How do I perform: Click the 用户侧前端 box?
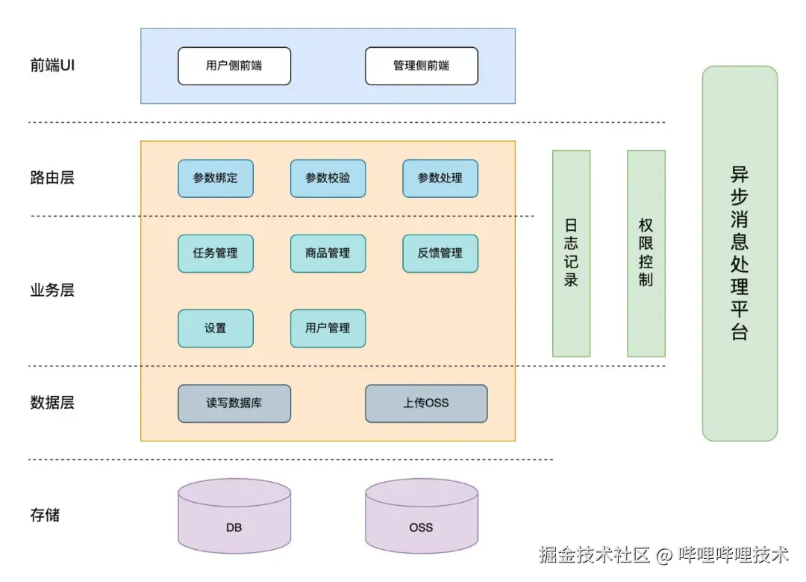click(x=234, y=66)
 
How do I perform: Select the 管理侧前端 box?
click(x=422, y=66)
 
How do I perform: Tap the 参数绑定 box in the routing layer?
click(x=216, y=179)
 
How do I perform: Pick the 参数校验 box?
click(x=328, y=179)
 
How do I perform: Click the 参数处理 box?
click(x=440, y=179)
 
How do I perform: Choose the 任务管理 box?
click(x=216, y=253)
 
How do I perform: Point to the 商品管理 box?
click(x=328, y=253)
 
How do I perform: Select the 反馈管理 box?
click(x=440, y=253)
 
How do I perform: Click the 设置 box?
click(x=216, y=328)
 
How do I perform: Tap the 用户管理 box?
click(x=328, y=328)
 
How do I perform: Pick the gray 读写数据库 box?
click(x=234, y=403)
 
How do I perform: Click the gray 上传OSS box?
click(x=426, y=403)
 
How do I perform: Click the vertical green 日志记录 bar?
click(x=572, y=253)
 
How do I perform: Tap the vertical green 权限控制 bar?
click(x=646, y=253)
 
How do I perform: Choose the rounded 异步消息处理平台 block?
click(x=740, y=253)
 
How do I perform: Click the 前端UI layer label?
click(x=52, y=65)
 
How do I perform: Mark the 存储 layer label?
click(x=45, y=515)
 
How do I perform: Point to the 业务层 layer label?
click(x=52, y=291)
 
